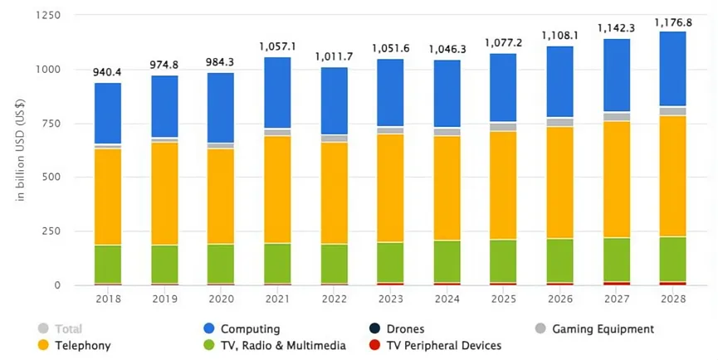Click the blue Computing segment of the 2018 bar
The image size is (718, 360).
point(108,114)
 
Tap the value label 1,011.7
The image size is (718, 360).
point(335,57)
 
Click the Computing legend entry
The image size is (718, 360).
point(249,329)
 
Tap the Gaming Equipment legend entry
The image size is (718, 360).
point(602,329)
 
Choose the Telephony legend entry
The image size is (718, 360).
point(81,345)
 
